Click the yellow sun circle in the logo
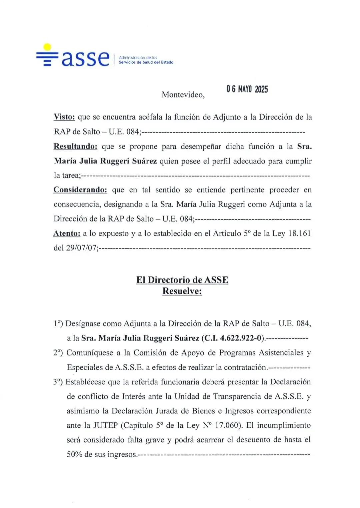click(x=48, y=47)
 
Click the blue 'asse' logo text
click(x=85, y=59)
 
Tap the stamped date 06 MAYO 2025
click(x=247, y=89)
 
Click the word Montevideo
click(x=183, y=95)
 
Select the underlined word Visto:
click(x=64, y=117)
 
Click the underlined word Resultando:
click(x=75, y=147)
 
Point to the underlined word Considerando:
click(x=80, y=190)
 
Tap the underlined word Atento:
click(x=67, y=234)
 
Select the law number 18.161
click(x=299, y=234)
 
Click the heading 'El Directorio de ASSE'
click(x=182, y=280)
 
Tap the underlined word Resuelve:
click(x=182, y=291)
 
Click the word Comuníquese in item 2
click(x=88, y=353)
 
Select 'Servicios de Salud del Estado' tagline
click(x=146, y=62)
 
